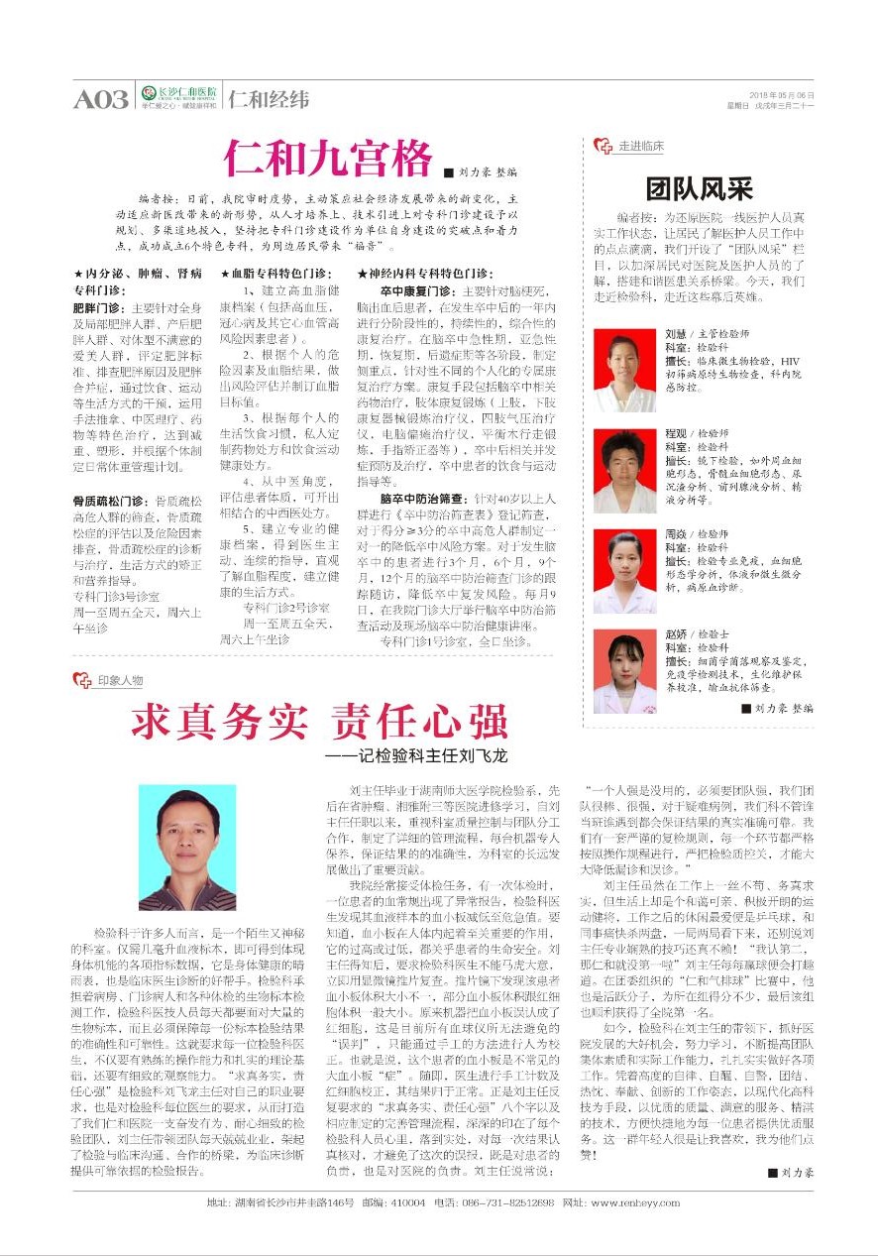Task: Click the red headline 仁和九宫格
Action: tap(328, 159)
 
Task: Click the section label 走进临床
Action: tap(639, 146)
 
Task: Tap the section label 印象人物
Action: tap(119, 680)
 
